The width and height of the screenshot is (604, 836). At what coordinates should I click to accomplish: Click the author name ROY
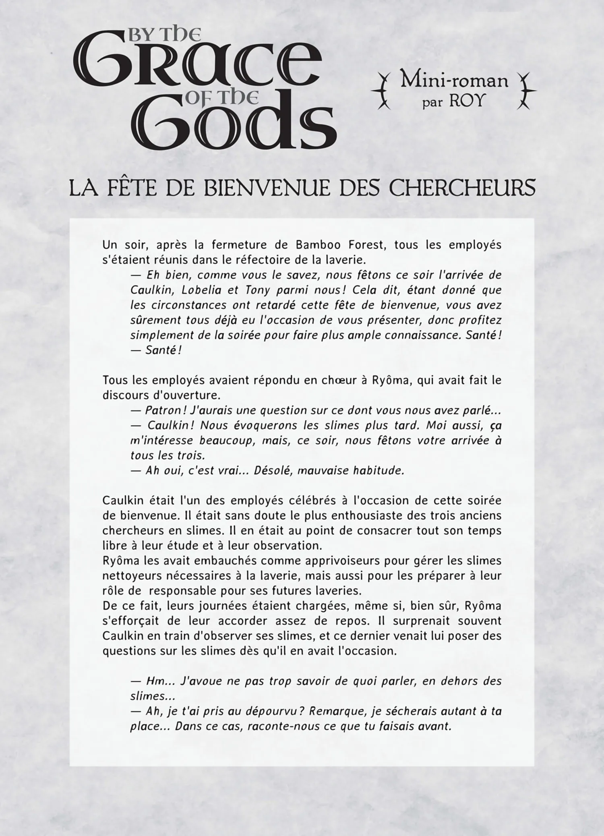[x=466, y=101]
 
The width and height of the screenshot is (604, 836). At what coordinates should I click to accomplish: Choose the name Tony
[x=256, y=290]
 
